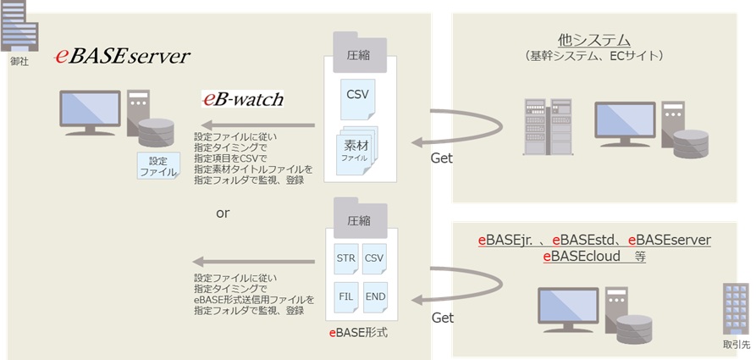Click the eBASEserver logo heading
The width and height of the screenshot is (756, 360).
pos(122,57)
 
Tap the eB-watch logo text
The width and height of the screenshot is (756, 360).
pos(242,99)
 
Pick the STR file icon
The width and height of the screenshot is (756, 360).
pos(345,257)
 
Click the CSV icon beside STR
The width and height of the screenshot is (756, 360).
pos(374,257)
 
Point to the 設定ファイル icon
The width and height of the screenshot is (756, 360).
pos(158,165)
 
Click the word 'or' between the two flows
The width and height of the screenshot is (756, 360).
pos(223,213)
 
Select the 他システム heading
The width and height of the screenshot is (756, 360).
pos(594,40)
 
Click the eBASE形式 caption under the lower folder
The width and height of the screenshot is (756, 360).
pos(358,332)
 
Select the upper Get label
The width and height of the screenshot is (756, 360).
pos(441,158)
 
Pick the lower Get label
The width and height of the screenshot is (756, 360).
pos(443,318)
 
